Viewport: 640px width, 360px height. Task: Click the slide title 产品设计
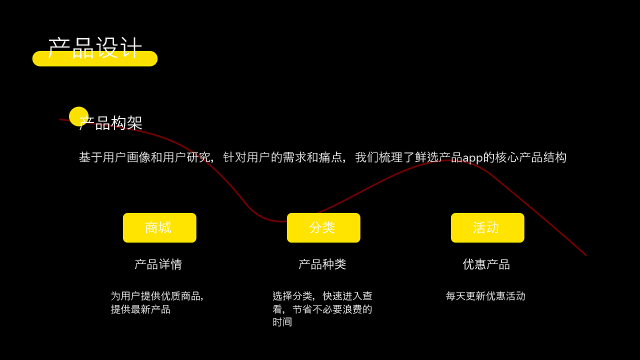pos(95,47)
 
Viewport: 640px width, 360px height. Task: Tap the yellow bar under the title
pos(95,62)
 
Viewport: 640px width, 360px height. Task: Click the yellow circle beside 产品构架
pos(78,116)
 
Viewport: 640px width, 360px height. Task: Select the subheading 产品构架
pos(111,123)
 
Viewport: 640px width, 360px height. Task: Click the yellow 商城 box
pos(159,228)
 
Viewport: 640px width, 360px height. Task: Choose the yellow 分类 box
pos(323,228)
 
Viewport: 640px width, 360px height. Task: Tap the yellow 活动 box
pos(487,228)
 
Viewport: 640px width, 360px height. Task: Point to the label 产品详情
pos(158,264)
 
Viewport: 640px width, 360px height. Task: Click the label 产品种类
pos(322,264)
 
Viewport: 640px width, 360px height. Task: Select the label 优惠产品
pos(486,264)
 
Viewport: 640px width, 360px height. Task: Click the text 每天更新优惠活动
pos(485,296)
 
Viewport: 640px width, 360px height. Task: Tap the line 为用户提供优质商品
pos(156,296)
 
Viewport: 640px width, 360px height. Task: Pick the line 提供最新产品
pos(140,309)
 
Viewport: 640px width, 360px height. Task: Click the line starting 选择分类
pos(322,296)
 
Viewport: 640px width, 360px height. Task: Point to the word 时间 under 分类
pos(282,322)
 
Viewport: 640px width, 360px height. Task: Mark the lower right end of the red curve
pos(585,255)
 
